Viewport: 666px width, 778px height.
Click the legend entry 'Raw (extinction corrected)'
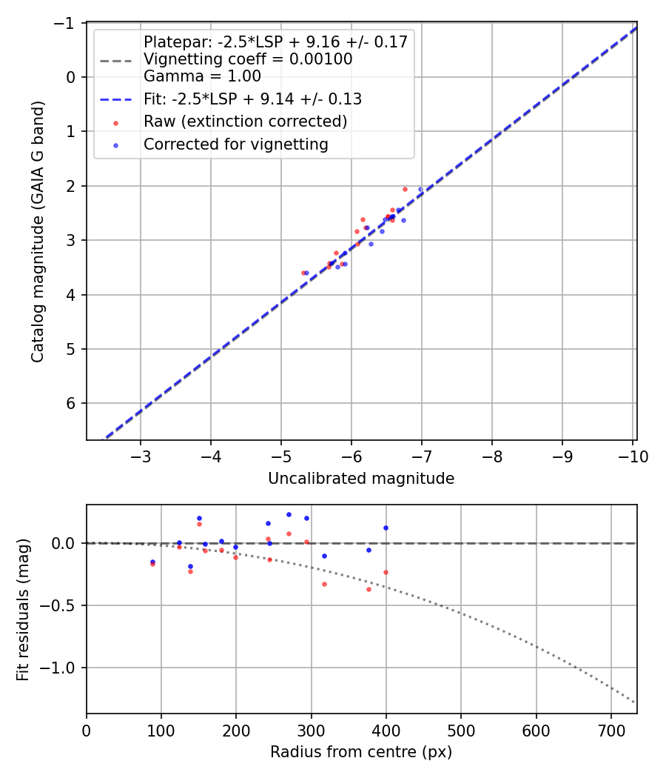pos(245,122)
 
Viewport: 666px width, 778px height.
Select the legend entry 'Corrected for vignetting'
pos(235,144)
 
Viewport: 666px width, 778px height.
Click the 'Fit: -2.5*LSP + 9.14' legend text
pos(252,99)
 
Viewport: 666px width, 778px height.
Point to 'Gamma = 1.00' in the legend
pos(202,76)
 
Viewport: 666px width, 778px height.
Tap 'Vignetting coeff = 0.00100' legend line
pos(248,59)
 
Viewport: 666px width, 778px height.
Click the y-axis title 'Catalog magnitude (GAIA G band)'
pos(38,232)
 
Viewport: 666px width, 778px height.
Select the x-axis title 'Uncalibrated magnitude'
pos(361,479)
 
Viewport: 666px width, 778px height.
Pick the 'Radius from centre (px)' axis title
pos(361,752)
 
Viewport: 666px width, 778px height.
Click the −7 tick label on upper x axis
pos(422,456)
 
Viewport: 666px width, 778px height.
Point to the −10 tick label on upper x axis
pos(633,456)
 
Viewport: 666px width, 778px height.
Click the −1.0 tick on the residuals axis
pos(62,668)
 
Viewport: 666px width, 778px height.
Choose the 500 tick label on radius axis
pos(461,730)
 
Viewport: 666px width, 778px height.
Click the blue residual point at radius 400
pos(386,528)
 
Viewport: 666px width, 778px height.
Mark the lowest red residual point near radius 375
pos(369,589)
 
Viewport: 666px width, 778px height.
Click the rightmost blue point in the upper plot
pos(421,189)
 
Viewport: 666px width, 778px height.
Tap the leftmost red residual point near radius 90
pos(152,564)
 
